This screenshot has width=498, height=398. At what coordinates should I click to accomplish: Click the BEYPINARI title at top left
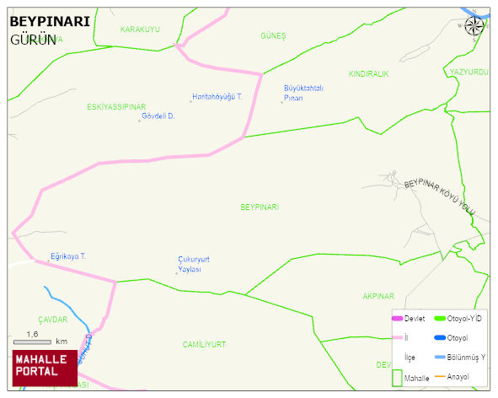click(x=50, y=23)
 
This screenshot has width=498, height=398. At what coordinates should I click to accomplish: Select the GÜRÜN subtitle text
click(x=34, y=40)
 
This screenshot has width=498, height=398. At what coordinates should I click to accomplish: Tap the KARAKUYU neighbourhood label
click(x=140, y=30)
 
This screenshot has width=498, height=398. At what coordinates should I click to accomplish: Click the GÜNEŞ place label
click(x=274, y=35)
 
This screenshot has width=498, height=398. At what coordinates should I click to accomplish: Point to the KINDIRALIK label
click(x=368, y=74)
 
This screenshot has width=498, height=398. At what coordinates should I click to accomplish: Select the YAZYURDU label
click(x=469, y=73)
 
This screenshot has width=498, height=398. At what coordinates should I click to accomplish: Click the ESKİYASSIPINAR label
click(x=116, y=107)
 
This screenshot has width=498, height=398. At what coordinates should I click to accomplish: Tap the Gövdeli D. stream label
click(x=158, y=116)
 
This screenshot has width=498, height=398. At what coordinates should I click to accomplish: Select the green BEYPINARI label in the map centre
click(x=260, y=207)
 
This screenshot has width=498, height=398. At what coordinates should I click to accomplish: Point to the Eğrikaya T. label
click(x=68, y=255)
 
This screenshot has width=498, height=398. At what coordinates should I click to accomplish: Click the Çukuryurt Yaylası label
click(x=193, y=264)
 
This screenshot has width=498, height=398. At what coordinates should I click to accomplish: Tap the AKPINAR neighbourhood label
click(x=378, y=296)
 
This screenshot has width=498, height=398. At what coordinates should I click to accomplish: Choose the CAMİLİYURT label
click(x=204, y=344)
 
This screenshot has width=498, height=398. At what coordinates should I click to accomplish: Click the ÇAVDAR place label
click(x=52, y=320)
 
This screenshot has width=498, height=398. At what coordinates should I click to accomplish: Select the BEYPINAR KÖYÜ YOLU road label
click(x=440, y=196)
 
